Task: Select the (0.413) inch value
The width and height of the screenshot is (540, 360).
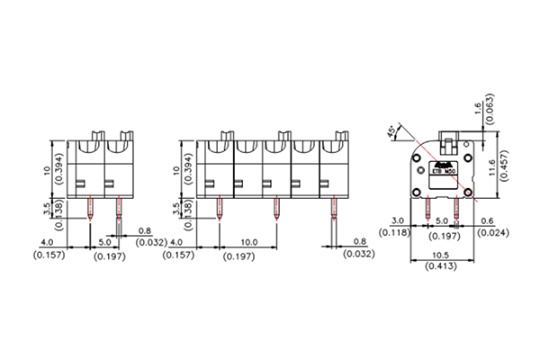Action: [440, 266]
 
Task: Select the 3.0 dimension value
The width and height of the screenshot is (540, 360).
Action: [396, 219]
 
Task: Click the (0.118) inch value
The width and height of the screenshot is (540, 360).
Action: [396, 233]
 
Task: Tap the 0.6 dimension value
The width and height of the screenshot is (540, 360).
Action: [487, 219]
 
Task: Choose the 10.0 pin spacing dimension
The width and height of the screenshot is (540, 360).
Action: [249, 242]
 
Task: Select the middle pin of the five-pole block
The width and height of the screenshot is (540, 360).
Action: [276, 211]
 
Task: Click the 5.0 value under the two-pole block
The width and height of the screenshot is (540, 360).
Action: [104, 242]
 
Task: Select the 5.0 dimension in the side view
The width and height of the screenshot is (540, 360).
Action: [442, 220]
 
